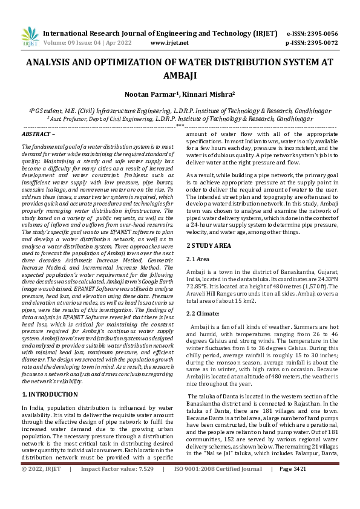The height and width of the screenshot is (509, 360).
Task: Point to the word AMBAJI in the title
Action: click(x=180, y=76)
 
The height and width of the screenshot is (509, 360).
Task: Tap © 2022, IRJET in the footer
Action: click(x=41, y=502)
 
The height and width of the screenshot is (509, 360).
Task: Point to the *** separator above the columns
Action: click(x=180, y=126)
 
